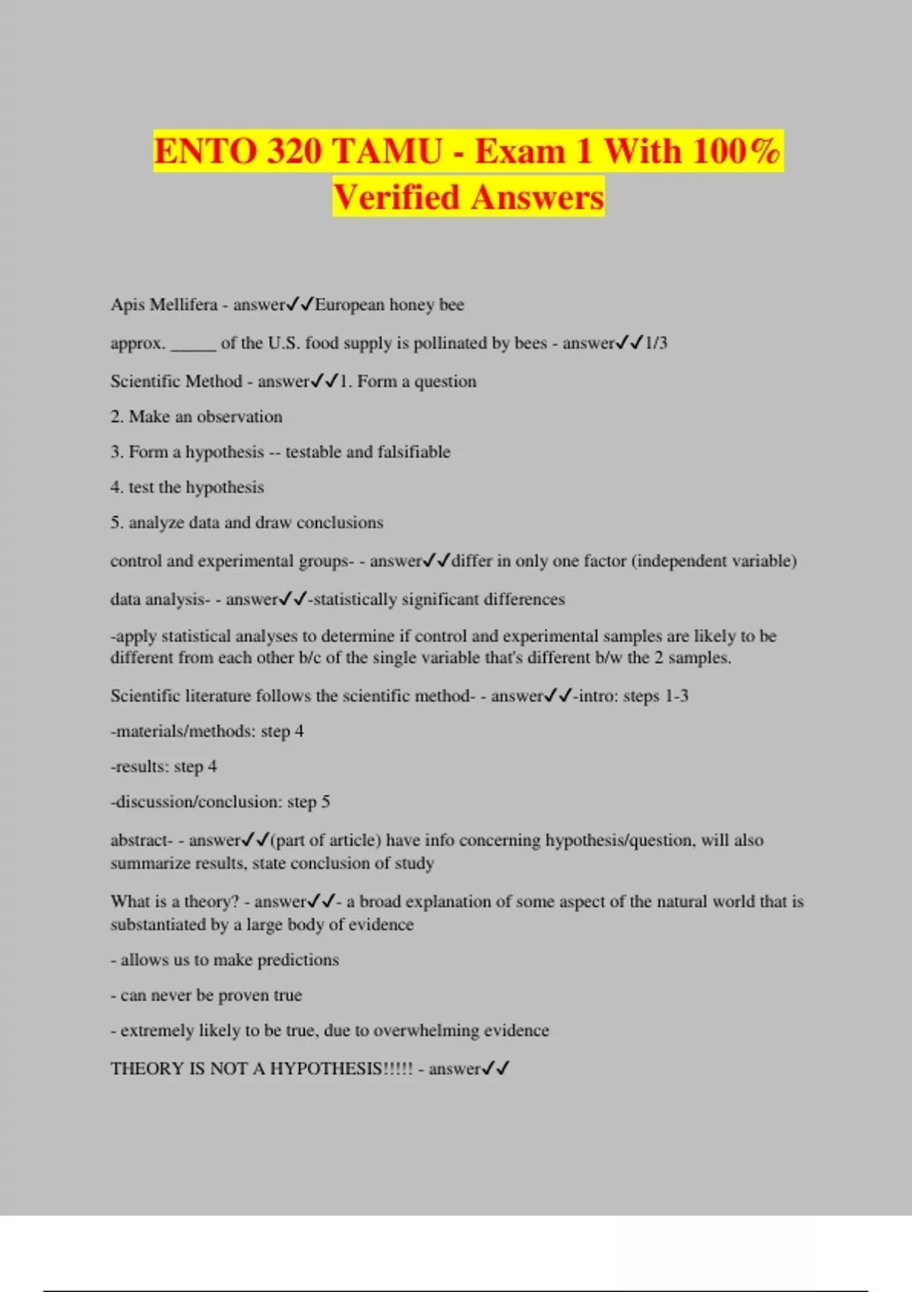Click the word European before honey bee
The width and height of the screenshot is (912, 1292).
tap(350, 305)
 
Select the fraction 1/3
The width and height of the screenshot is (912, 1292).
tap(656, 343)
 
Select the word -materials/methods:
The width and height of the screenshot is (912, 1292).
tap(183, 731)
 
